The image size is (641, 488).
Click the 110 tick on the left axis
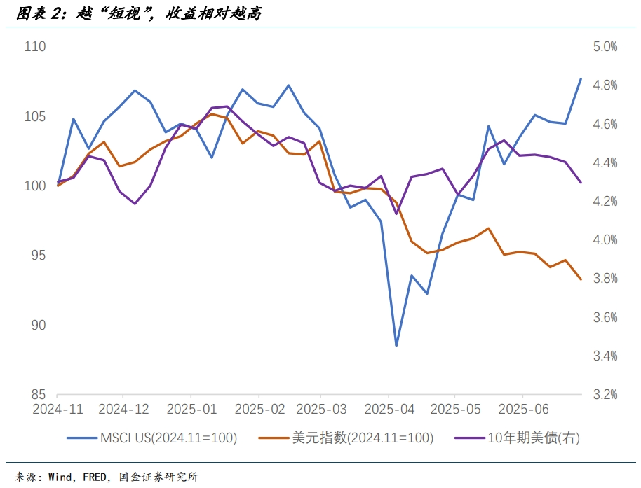(x=34, y=47)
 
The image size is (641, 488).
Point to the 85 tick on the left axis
(x=38, y=395)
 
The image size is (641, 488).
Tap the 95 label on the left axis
(x=38, y=256)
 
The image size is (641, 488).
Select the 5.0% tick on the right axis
(x=605, y=47)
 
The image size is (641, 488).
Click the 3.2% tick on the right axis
(x=605, y=395)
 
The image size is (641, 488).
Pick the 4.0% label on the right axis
(x=605, y=240)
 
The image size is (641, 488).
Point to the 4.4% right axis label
(x=605, y=163)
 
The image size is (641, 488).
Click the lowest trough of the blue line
(x=396, y=346)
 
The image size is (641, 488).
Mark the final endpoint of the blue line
(x=581, y=78)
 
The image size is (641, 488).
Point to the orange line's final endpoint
(x=581, y=279)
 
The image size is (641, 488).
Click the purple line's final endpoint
(x=581, y=183)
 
